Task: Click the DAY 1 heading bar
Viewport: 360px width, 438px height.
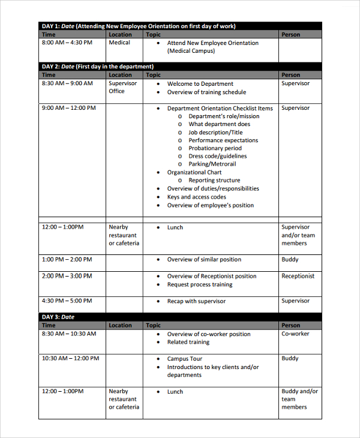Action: coord(180,26)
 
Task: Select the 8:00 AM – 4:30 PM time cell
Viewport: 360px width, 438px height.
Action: coord(67,43)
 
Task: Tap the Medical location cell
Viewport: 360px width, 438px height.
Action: coord(119,43)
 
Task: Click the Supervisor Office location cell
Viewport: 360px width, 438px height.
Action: coord(122,88)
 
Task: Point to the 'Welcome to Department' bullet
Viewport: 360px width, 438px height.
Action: coord(200,84)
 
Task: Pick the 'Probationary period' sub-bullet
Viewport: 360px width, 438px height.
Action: coord(215,148)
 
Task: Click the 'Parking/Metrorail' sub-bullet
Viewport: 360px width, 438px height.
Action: coord(212,164)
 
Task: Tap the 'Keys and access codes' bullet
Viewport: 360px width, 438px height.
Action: coord(196,197)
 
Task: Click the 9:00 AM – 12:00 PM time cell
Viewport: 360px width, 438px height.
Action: coord(69,109)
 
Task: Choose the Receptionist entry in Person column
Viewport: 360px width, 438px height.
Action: coord(298,276)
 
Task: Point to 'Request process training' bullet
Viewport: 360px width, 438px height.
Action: coord(199,284)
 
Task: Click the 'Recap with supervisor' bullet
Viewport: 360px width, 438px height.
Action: coord(196,301)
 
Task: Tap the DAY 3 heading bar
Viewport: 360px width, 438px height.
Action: coord(180,317)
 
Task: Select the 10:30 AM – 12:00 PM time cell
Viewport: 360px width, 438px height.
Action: coord(71,358)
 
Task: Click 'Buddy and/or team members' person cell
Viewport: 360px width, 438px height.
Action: coord(299,399)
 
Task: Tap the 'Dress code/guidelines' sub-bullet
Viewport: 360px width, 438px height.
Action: coord(217,156)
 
